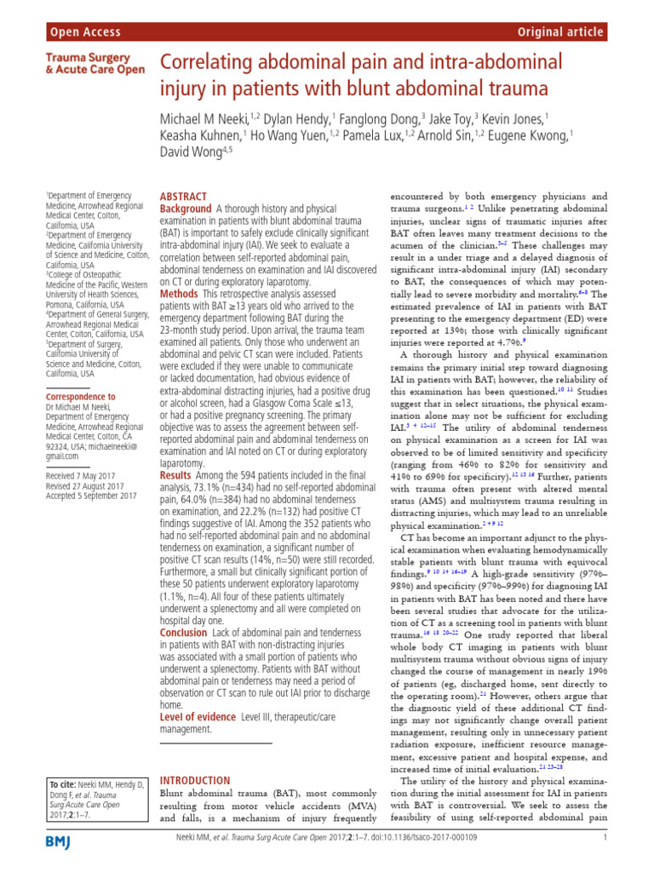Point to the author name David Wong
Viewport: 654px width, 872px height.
click(x=192, y=153)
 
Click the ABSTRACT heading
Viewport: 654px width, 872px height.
click(x=183, y=196)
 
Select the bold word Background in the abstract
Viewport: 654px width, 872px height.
click(x=186, y=209)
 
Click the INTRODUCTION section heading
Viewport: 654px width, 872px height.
click(x=195, y=780)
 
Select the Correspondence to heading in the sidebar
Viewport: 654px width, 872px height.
click(x=81, y=397)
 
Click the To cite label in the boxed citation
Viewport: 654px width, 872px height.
click(x=64, y=783)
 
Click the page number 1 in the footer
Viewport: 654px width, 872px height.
click(x=604, y=838)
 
